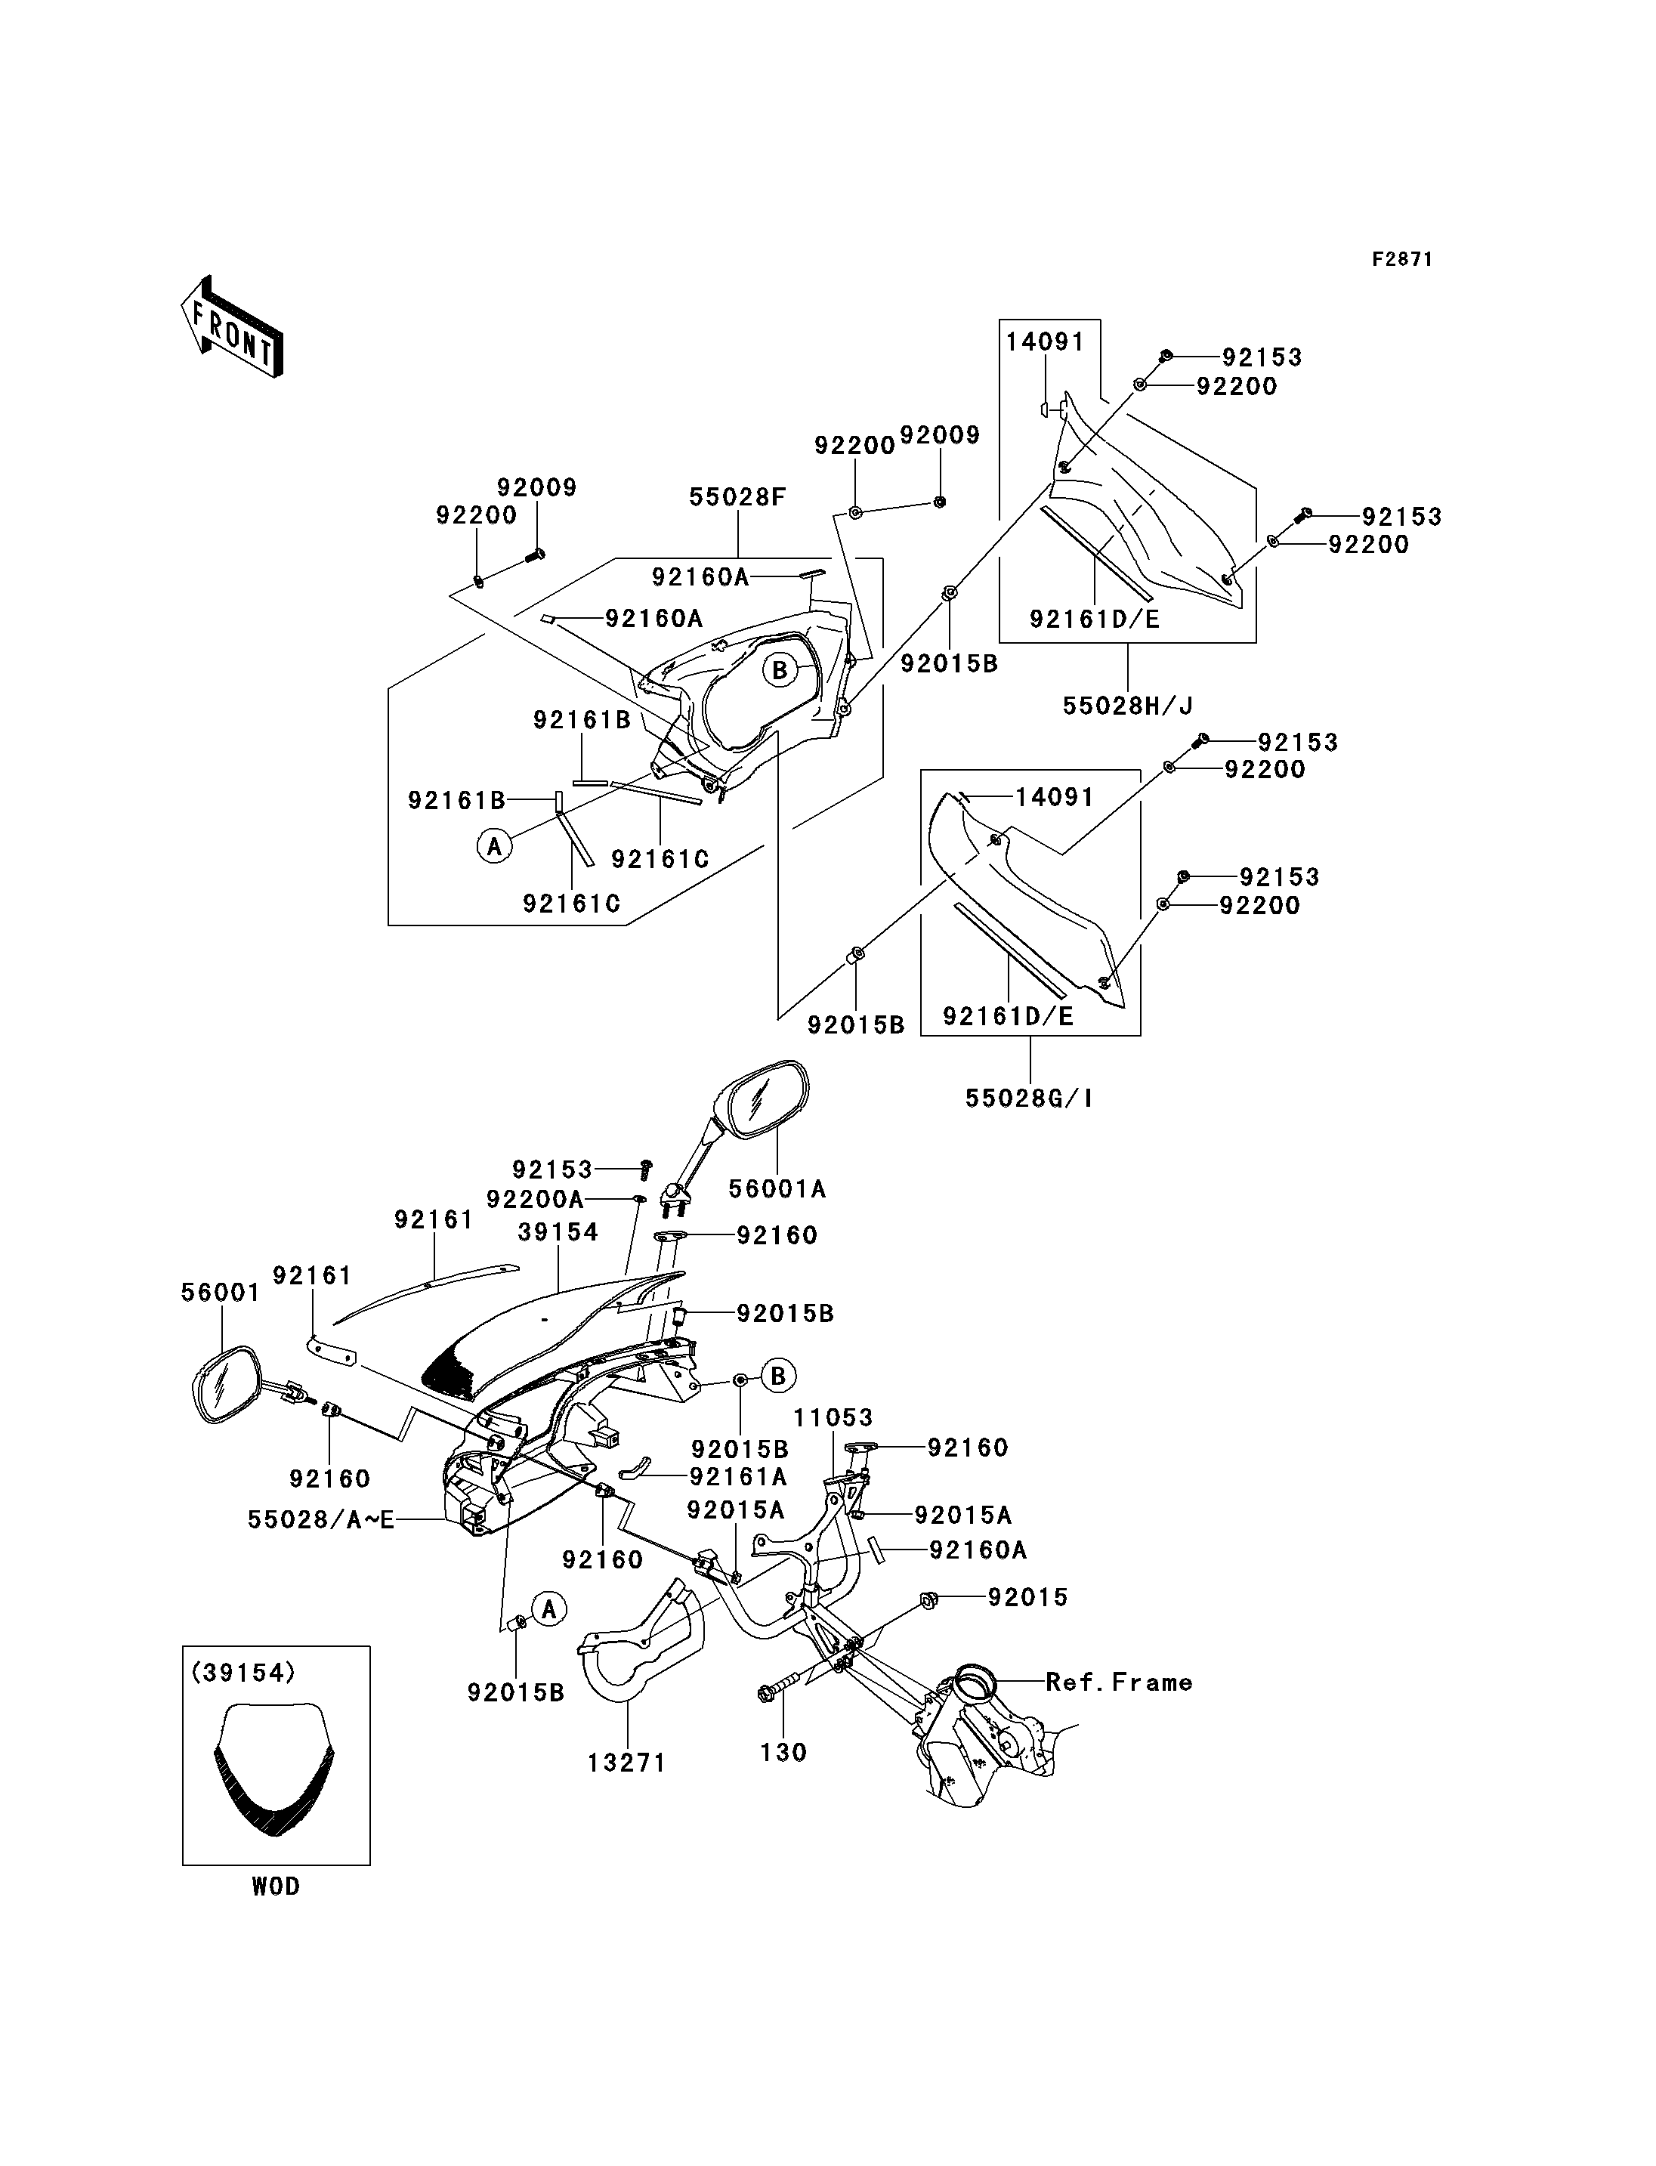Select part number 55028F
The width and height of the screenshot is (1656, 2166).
pyautogui.click(x=737, y=497)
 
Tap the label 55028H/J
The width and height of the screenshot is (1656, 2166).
pyautogui.click(x=1128, y=706)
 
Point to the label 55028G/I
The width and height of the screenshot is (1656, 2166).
pyautogui.click(x=1029, y=1097)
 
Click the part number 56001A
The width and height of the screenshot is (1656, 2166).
pyautogui.click(x=777, y=1190)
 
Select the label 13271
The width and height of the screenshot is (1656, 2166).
pyautogui.click(x=627, y=1763)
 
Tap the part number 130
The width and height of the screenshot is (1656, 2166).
pyautogui.click(x=783, y=1752)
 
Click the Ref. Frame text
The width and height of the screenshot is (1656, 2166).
pyautogui.click(x=1119, y=1682)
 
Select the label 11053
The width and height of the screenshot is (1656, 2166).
pyautogui.click(x=833, y=1418)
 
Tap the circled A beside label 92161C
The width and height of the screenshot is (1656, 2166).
pyautogui.click(x=495, y=845)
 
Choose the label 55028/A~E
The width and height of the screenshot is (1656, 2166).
pyautogui.click(x=320, y=1519)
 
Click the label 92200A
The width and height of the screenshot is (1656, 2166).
pyautogui.click(x=534, y=1199)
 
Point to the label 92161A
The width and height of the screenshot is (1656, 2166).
pyautogui.click(x=738, y=1476)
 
